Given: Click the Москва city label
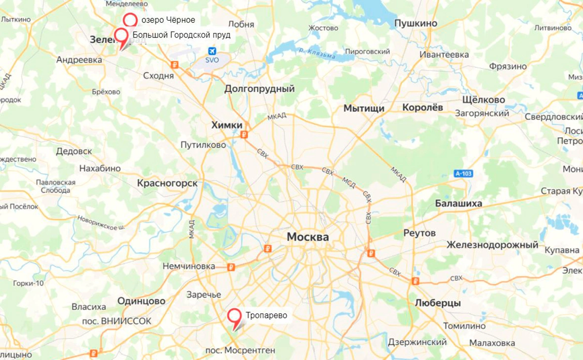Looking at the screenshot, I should [x=308, y=237].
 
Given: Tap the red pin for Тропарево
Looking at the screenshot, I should [x=234, y=316].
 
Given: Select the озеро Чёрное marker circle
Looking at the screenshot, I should [x=130, y=20].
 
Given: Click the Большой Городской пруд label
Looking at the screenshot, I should [x=181, y=36].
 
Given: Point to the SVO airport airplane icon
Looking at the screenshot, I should [x=212, y=51].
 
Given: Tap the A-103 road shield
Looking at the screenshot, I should [x=463, y=173].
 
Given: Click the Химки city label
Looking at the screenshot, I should [x=227, y=125].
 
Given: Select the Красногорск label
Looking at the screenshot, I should [x=167, y=183].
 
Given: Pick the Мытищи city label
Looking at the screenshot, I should [x=364, y=108].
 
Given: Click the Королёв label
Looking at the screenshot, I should [x=422, y=107].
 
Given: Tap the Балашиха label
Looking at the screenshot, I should [x=458, y=203].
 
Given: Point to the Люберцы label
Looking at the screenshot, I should [x=438, y=303].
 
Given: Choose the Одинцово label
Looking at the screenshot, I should [x=141, y=301].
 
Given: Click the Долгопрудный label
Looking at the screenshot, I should [x=259, y=89].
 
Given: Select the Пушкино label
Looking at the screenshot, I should [x=416, y=23].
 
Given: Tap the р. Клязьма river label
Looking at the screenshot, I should [x=317, y=53].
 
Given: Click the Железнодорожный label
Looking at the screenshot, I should [x=492, y=244].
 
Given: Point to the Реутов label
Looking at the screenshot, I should [x=419, y=233].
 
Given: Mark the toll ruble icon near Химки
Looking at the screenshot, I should [x=243, y=134].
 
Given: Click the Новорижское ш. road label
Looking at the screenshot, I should [x=101, y=223].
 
